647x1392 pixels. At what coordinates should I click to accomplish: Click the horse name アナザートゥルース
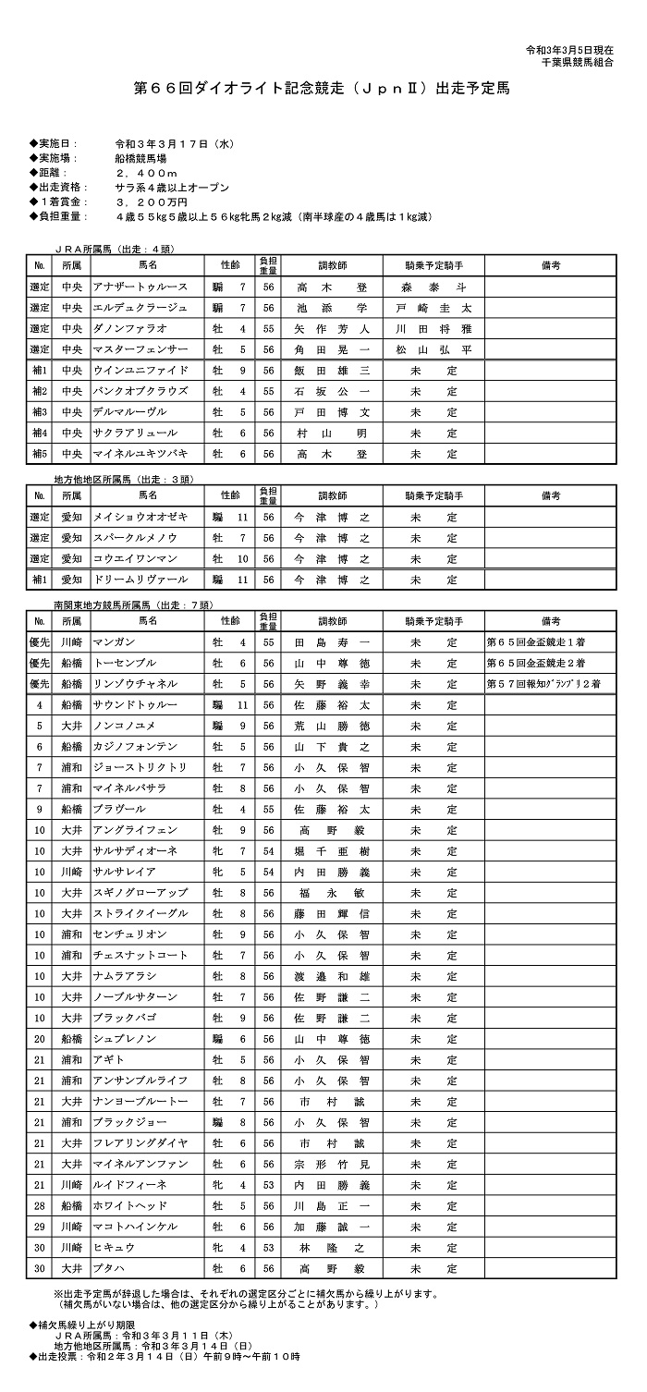click(140, 287)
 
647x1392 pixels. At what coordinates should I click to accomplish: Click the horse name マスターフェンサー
click(140, 349)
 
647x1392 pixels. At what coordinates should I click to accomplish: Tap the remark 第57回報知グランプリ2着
click(544, 684)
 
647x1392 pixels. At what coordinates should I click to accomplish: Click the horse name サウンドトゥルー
click(137, 705)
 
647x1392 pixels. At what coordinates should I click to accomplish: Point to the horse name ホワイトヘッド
click(130, 1205)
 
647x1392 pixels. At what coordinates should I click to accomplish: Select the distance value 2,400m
click(146, 173)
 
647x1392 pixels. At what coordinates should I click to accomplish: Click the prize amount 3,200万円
click(152, 201)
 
